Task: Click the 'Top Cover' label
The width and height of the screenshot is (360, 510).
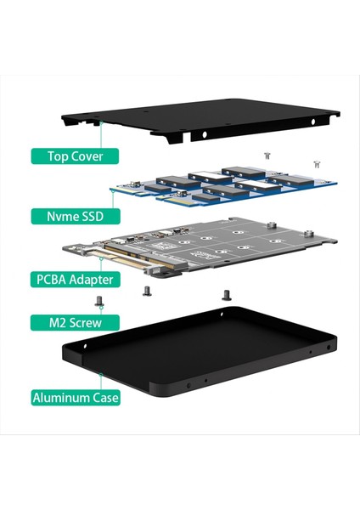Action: pyautogui.click(x=74, y=156)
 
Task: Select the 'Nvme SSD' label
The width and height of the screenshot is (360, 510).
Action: pyautogui.click(x=74, y=216)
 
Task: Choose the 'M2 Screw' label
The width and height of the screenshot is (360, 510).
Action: pyautogui.click(x=74, y=323)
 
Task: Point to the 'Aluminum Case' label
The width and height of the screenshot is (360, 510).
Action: pyautogui.click(x=74, y=396)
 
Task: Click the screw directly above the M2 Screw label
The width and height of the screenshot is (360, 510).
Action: pyautogui.click(x=100, y=300)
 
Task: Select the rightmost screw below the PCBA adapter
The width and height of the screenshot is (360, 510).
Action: pyautogui.click(x=226, y=295)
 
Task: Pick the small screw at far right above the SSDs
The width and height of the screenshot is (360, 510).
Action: pyautogui.click(x=317, y=162)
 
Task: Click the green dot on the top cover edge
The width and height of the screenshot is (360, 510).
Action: pyautogui.click(x=102, y=122)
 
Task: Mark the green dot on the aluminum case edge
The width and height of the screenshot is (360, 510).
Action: pyautogui.click(x=102, y=371)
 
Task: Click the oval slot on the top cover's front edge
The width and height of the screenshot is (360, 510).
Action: pyautogui.click(x=204, y=133)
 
